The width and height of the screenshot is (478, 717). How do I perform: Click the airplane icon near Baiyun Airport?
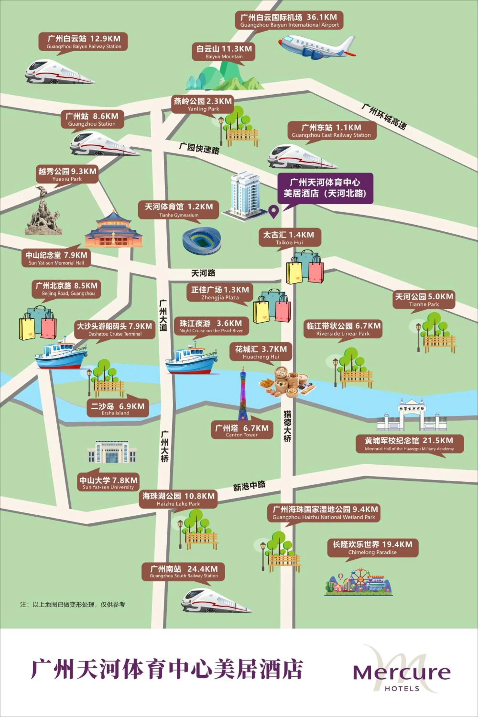click(x=317, y=47)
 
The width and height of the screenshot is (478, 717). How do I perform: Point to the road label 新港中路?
click(x=249, y=486)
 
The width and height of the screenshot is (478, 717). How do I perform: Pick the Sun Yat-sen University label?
click(x=108, y=483)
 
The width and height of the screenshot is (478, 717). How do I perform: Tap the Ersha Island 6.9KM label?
click(x=117, y=408)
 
